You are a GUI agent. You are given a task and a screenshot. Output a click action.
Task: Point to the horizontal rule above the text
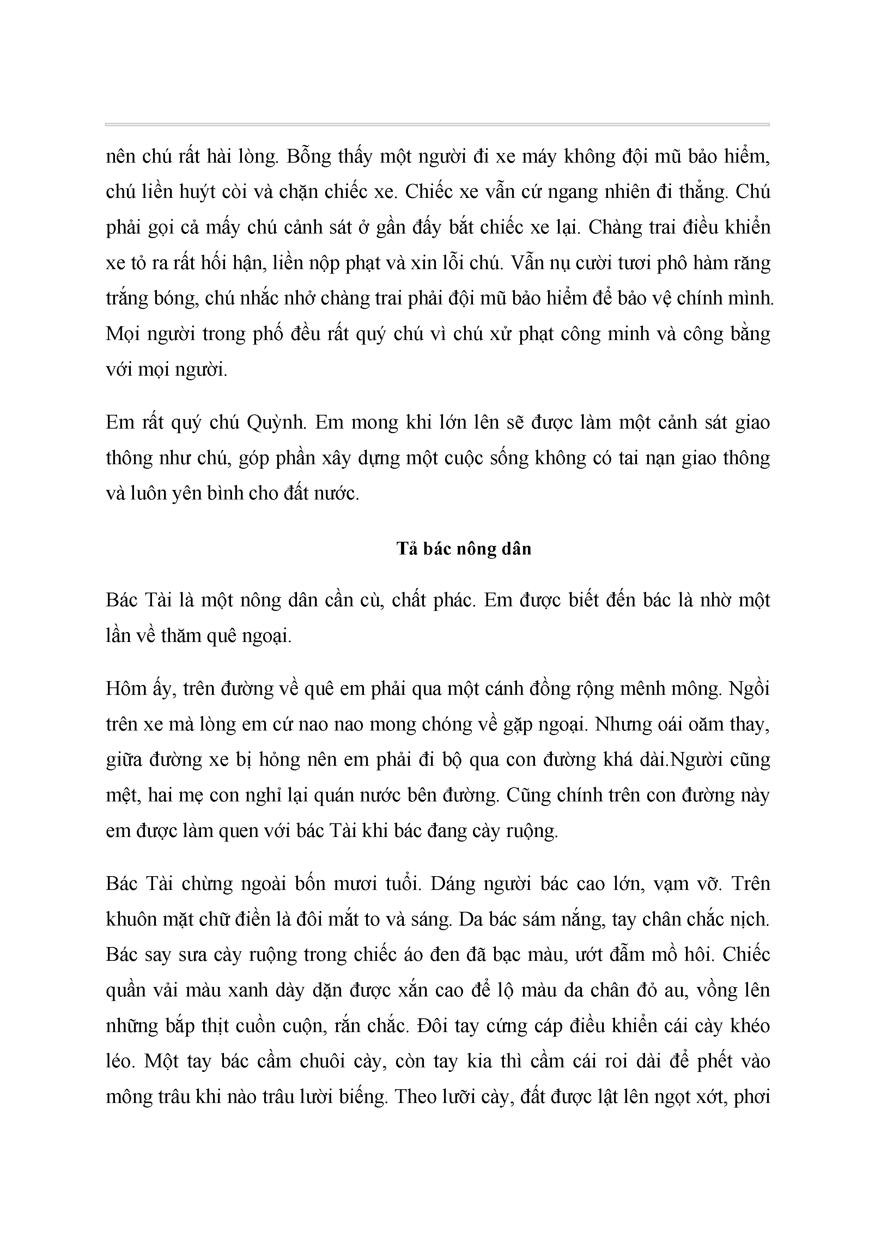437,125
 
